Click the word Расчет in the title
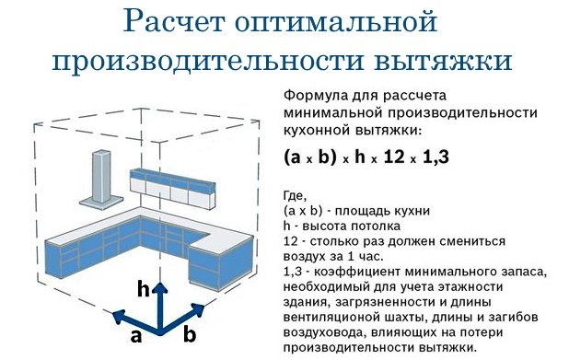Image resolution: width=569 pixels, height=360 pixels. [174, 22]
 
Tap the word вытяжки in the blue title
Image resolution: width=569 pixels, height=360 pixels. [443, 61]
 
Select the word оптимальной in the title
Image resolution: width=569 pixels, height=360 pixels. [336, 22]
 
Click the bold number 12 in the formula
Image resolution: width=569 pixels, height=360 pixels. [394, 157]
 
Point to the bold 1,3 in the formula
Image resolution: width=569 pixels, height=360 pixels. [436, 157]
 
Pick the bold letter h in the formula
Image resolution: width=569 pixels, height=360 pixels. [360, 157]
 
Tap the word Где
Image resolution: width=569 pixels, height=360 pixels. [295, 196]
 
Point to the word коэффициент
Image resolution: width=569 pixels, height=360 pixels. [356, 272]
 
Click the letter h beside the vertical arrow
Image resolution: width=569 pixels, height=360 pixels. [144, 290]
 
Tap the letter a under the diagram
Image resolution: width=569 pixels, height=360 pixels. [135, 336]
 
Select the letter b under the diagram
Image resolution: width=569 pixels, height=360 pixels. [190, 334]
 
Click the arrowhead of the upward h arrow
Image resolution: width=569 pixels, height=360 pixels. [159, 287]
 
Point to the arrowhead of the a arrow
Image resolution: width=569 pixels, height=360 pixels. [119, 316]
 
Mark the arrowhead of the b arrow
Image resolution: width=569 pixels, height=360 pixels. [199, 309]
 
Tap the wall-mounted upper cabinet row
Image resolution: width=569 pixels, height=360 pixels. [172, 189]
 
